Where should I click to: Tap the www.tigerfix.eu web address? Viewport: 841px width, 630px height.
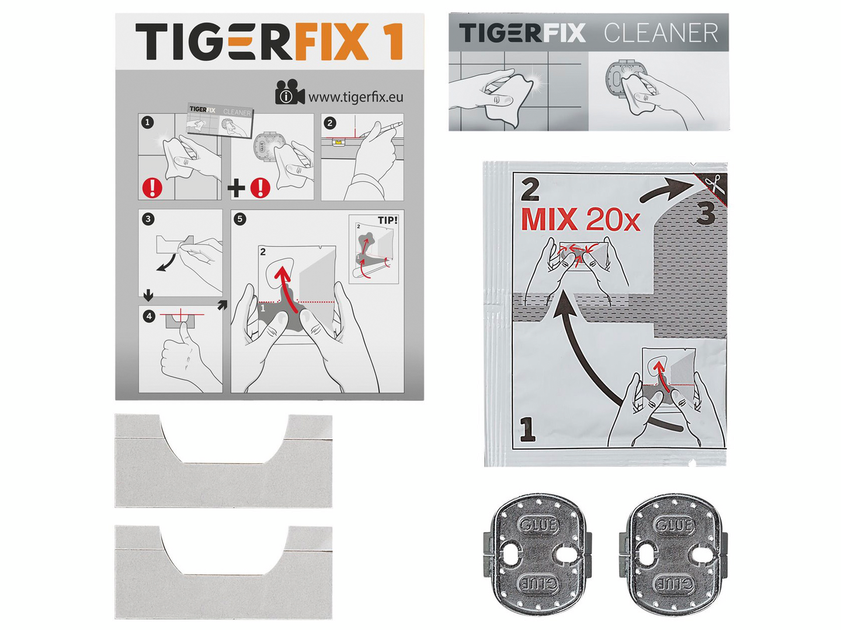pyautogui.click(x=356, y=97)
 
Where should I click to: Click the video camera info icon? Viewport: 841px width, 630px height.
pyautogui.click(x=290, y=93)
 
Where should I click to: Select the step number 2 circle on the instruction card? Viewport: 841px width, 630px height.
pyautogui.click(x=330, y=123)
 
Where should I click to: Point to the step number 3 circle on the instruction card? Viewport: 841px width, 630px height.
pyautogui.click(x=148, y=219)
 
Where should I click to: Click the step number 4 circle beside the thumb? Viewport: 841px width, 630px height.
pyautogui.click(x=149, y=316)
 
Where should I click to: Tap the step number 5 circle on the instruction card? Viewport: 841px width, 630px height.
pyautogui.click(x=240, y=219)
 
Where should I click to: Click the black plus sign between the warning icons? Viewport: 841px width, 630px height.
pyautogui.click(x=237, y=188)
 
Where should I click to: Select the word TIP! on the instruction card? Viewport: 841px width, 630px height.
pyautogui.click(x=387, y=220)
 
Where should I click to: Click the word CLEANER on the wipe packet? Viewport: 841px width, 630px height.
pyautogui.click(x=661, y=33)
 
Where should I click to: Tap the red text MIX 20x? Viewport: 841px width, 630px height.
pyautogui.click(x=580, y=220)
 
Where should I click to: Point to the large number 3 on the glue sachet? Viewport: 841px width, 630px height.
pyautogui.click(x=706, y=213)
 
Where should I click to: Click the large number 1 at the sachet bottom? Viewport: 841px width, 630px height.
pyautogui.click(x=527, y=430)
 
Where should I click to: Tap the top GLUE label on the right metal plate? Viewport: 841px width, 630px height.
pyautogui.click(x=675, y=525)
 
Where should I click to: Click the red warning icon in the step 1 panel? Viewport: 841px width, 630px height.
pyautogui.click(x=152, y=188)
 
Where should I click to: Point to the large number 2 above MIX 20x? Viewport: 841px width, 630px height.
pyautogui.click(x=530, y=190)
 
